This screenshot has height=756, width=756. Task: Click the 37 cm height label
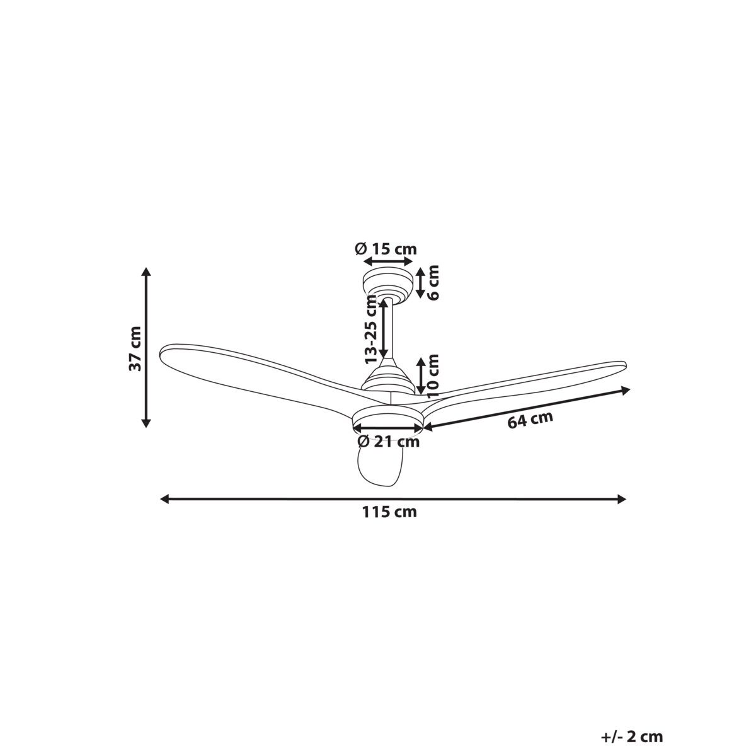click(135, 348)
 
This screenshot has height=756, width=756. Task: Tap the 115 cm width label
click(389, 512)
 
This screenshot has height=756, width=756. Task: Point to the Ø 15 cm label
click(386, 249)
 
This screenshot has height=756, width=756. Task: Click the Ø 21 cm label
click(389, 442)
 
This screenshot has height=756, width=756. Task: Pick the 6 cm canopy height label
click(433, 282)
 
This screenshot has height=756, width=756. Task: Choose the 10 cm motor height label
click(433, 376)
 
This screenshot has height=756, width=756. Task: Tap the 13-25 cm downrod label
click(370, 329)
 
